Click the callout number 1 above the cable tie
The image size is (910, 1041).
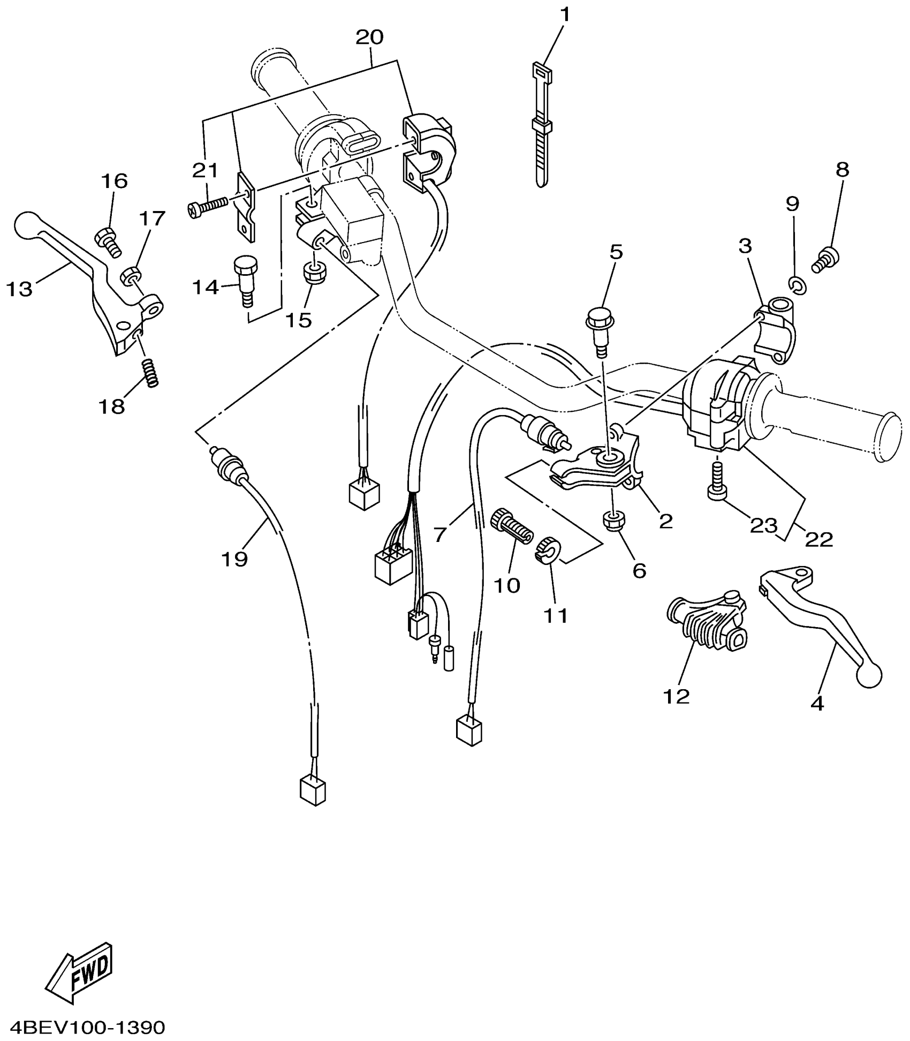point(565,14)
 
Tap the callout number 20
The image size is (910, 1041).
point(369,37)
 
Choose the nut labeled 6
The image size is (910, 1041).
point(612,520)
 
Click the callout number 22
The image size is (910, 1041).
point(819,539)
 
